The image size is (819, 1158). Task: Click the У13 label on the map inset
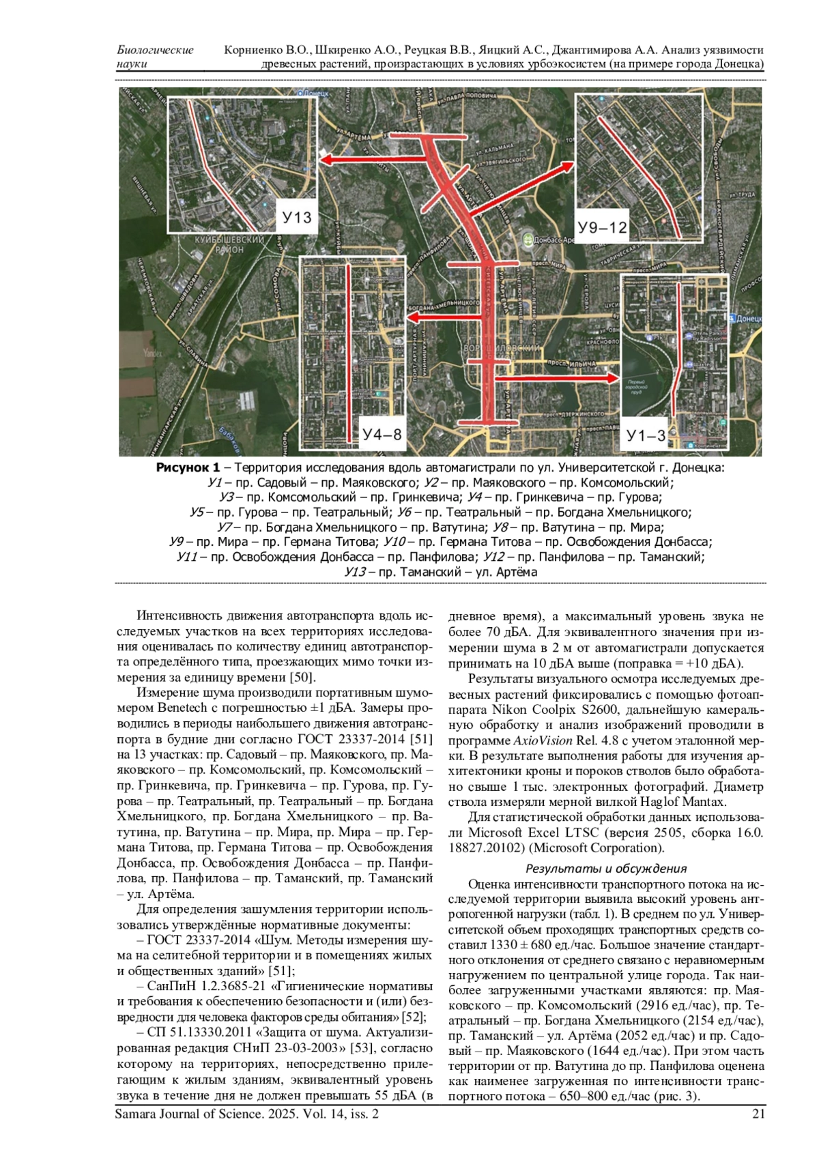pos(297,217)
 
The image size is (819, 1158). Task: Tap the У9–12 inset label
pos(602,227)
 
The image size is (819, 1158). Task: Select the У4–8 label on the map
pos(382,434)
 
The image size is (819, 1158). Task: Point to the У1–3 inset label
pos(646,435)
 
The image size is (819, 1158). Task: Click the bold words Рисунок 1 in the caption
pos(188,468)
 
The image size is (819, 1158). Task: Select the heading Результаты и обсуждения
pos(605,869)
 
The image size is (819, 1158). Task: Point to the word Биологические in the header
pos(155,50)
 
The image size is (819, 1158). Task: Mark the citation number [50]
pos(301,678)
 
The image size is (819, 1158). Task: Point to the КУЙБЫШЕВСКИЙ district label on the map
pos(229,241)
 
